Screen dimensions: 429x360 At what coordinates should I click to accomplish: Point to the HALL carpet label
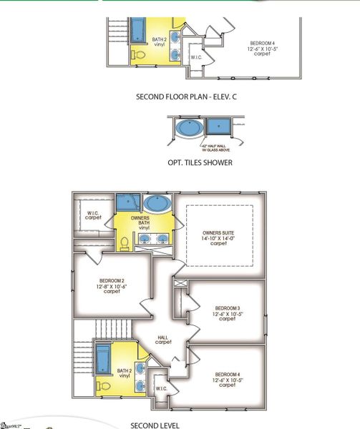[163, 340]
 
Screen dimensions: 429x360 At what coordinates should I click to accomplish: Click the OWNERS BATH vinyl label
[140, 222]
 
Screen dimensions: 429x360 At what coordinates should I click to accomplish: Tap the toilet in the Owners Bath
[125, 243]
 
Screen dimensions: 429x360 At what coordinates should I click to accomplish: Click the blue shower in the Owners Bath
[128, 202]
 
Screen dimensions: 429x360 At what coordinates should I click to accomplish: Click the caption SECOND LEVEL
[160, 424]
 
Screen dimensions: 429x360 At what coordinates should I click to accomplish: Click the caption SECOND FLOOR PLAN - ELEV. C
[186, 95]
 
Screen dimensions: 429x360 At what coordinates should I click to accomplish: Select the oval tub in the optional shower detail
[189, 129]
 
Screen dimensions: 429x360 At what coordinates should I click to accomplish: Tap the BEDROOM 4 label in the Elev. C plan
[261, 47]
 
